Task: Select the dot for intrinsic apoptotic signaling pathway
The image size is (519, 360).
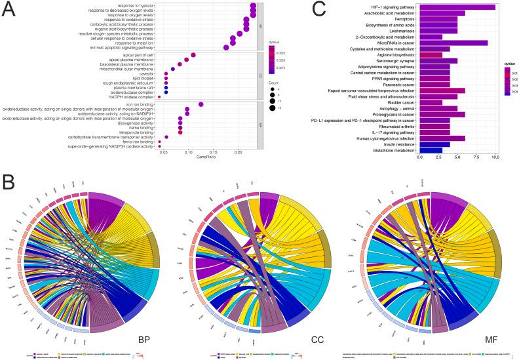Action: [226, 47]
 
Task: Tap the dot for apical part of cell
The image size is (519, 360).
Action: [193, 55]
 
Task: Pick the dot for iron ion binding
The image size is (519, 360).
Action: [201, 104]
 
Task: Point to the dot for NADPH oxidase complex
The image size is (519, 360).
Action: [159, 97]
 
